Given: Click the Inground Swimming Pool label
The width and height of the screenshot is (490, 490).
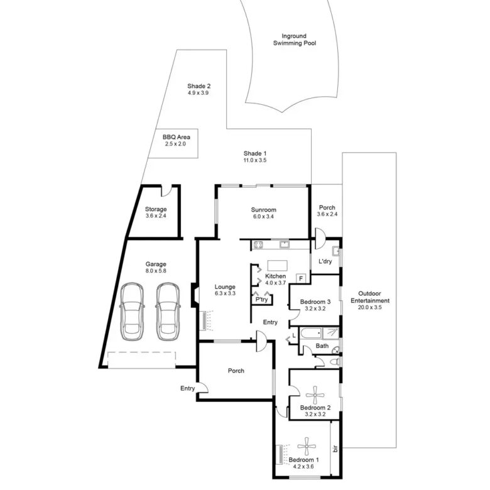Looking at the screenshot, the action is (295, 40).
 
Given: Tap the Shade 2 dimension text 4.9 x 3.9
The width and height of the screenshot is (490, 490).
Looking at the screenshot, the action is (198, 93).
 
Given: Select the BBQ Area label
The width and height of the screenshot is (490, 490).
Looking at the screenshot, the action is (177, 137).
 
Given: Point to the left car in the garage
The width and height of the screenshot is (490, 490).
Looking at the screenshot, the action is (132, 312).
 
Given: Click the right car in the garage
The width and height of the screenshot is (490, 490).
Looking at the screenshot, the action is (168, 312).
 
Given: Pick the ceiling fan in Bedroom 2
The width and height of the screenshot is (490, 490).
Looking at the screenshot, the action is (315, 395).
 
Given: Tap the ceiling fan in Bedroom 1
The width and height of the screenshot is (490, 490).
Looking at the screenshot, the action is (307, 446).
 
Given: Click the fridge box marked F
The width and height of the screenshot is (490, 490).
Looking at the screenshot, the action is (301, 278).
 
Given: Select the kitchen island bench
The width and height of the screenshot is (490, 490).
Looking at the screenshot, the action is (278, 266).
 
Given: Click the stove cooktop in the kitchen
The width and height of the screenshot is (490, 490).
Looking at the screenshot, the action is (258, 244).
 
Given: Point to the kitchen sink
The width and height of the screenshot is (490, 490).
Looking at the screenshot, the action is (285, 244).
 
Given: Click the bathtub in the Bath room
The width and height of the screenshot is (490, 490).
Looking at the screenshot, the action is (310, 334).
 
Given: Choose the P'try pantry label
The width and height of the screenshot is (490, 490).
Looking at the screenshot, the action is (261, 300).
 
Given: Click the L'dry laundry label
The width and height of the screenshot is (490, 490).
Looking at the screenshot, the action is (325, 261).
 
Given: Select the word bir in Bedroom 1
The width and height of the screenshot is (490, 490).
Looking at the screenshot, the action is (335, 449).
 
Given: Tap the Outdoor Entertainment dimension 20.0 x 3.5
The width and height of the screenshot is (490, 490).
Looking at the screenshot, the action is (369, 307).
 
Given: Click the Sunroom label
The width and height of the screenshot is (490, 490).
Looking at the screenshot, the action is (263, 210).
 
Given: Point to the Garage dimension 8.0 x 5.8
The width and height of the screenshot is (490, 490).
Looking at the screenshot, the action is (156, 271).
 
